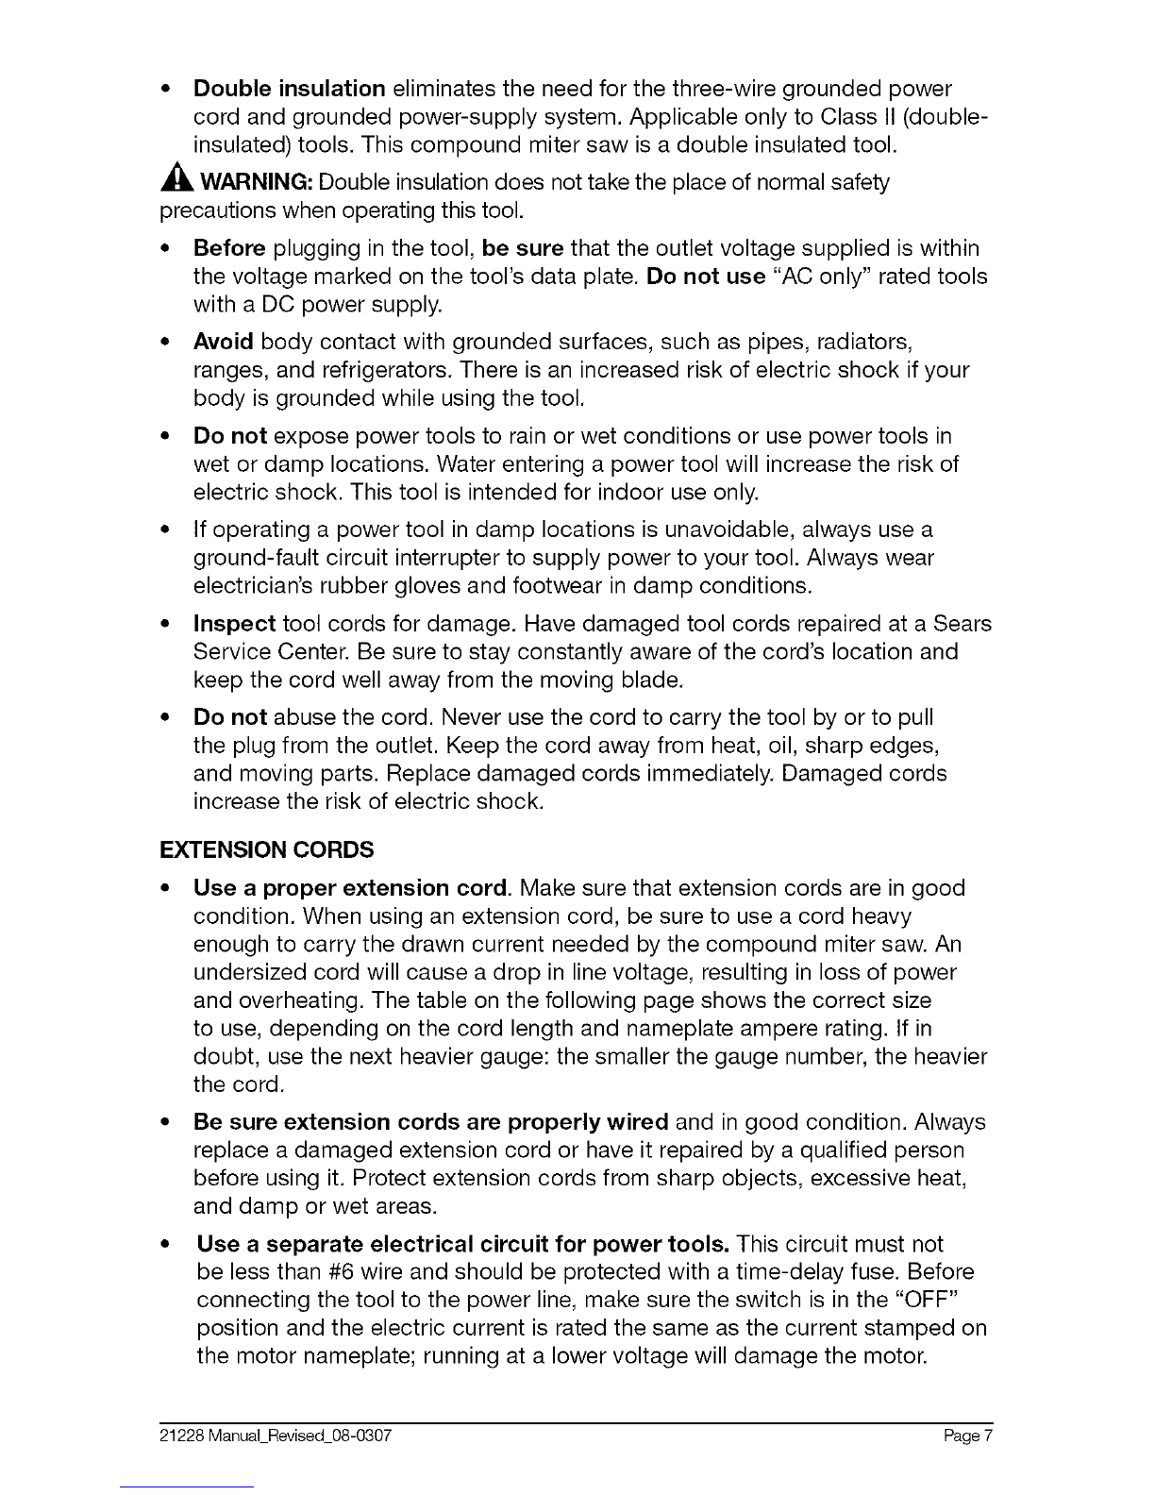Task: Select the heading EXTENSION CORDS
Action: (x=267, y=849)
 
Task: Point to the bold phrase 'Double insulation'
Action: (x=289, y=89)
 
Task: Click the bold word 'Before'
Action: (x=229, y=248)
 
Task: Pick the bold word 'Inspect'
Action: (x=234, y=624)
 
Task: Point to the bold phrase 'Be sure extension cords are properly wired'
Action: (x=430, y=1122)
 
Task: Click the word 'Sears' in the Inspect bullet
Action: (x=962, y=624)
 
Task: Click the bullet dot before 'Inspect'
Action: (x=166, y=624)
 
